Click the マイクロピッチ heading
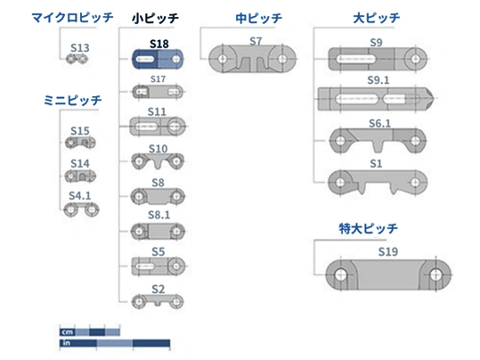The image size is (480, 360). click(x=72, y=18)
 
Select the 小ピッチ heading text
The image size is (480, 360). click(x=155, y=18)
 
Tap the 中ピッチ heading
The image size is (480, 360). click(x=258, y=18)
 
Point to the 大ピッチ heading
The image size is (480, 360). click(x=376, y=18)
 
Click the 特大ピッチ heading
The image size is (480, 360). click(x=369, y=228)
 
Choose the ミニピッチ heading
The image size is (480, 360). click(x=72, y=100)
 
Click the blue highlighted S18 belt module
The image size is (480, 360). click(x=158, y=59)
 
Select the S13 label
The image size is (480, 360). click(x=80, y=48)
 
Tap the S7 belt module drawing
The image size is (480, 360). click(x=253, y=59)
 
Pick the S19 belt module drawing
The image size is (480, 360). click(x=388, y=274)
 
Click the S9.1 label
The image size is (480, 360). click(x=378, y=80)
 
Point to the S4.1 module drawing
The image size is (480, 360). click(x=81, y=209)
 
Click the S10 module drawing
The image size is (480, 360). click(x=158, y=161)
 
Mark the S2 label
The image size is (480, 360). click(x=159, y=289)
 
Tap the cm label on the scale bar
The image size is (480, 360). click(x=68, y=331)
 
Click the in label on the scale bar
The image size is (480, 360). click(x=66, y=343)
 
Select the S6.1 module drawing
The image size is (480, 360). click(x=378, y=140)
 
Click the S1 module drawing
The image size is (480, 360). click(x=378, y=183)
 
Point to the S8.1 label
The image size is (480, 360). click(x=159, y=215)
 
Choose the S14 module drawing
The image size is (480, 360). click(x=80, y=176)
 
